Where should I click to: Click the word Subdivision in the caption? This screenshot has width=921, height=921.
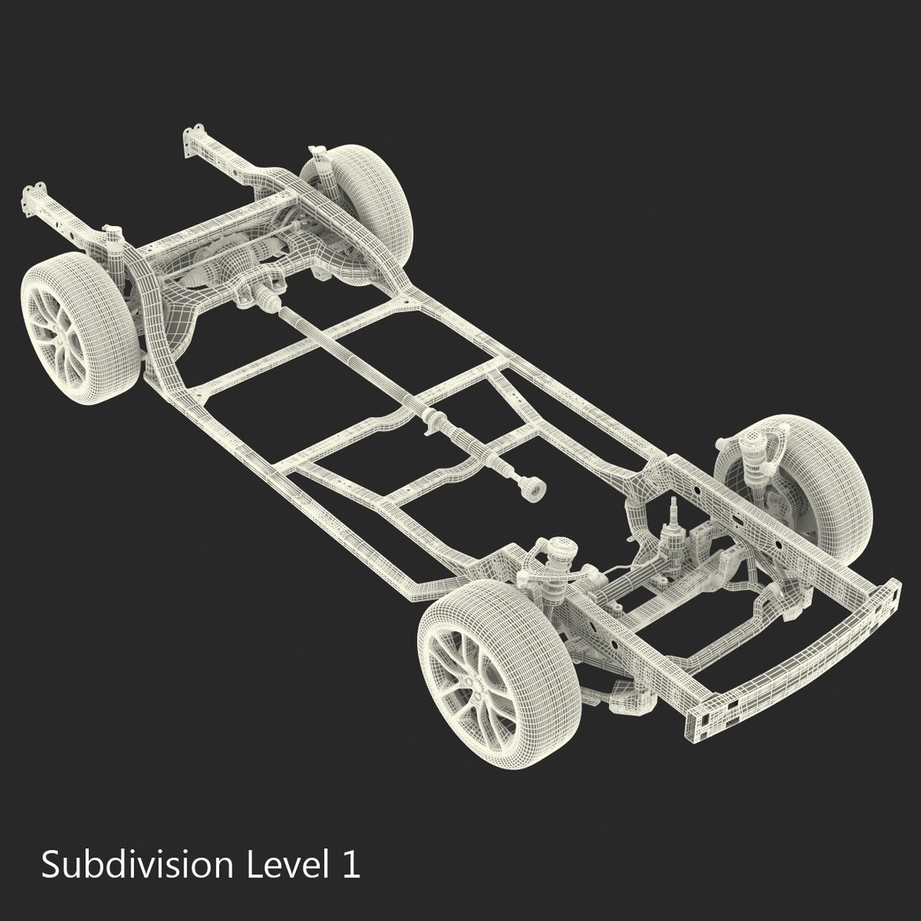click(x=137, y=865)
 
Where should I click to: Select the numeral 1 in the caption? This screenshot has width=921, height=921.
click(x=350, y=866)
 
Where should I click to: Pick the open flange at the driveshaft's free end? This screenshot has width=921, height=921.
click(x=533, y=489)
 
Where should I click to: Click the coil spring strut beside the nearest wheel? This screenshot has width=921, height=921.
click(x=557, y=564)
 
